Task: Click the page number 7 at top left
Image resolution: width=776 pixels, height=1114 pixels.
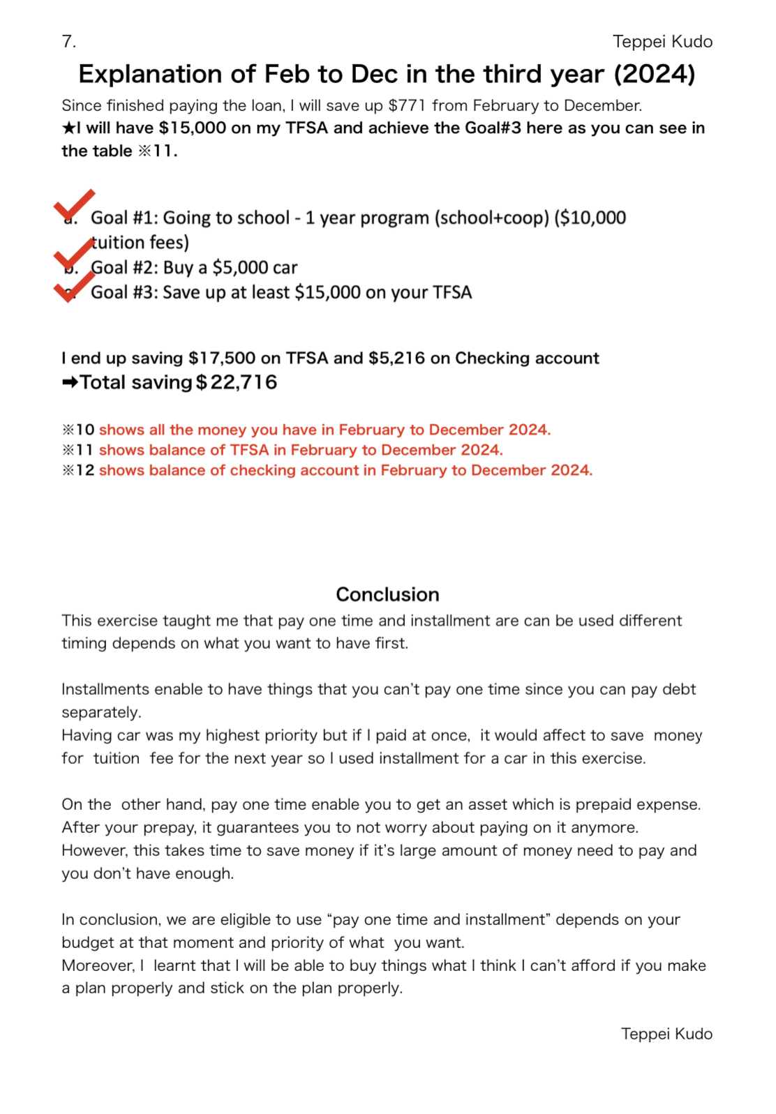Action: coord(68,42)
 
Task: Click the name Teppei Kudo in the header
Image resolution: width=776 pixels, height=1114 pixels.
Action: coord(662,42)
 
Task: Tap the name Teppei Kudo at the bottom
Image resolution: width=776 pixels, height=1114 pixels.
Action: coord(666,1034)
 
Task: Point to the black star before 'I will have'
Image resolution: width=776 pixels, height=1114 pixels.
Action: coord(68,128)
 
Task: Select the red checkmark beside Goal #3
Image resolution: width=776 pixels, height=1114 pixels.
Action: coord(73,286)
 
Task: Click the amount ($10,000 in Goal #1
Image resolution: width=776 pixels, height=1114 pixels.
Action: coord(590,218)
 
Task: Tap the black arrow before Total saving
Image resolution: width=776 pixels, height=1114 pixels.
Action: coord(69,382)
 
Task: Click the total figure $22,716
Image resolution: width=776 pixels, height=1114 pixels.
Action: coord(237,382)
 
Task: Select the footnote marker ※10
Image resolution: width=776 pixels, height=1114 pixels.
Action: coord(78,430)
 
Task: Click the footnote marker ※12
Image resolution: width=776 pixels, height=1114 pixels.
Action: coord(78,470)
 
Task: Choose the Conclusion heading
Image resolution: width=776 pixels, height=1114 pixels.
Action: coord(387,594)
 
